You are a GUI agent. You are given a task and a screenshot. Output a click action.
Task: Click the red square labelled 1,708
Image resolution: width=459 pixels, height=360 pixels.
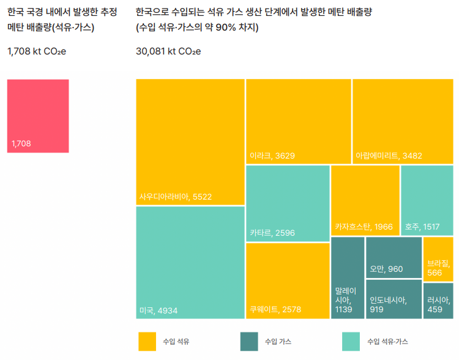(38, 116)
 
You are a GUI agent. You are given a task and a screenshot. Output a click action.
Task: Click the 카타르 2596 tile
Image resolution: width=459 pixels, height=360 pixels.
(288, 203)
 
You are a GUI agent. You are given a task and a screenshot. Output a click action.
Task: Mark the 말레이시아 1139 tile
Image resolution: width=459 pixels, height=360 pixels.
(347, 278)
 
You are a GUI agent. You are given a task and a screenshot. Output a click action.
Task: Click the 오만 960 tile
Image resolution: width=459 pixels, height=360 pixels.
(394, 257)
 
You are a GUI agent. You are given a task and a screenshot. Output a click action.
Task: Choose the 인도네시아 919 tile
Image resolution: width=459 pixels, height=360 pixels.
(394, 299)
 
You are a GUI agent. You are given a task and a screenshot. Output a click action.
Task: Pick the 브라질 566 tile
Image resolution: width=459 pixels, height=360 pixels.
(438, 259)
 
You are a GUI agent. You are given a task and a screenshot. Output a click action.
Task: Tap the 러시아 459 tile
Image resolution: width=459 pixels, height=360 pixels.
(438, 301)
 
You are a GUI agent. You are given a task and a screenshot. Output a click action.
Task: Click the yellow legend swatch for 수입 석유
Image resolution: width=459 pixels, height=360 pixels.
(147, 341)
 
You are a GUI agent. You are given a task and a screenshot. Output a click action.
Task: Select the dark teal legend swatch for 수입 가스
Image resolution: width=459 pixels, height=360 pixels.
(249, 341)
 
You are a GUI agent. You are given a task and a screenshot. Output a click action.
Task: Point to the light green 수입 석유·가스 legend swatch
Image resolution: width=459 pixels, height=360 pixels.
(351, 341)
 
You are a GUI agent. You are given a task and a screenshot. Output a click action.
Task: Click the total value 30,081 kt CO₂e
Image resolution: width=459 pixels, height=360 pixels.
(168, 51)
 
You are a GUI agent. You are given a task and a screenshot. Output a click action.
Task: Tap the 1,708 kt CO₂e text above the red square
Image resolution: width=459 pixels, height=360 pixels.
(37, 51)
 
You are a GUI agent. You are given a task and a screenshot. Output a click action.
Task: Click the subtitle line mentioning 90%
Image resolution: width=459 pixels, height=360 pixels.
(197, 28)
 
